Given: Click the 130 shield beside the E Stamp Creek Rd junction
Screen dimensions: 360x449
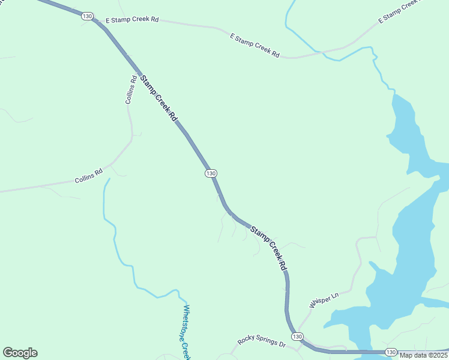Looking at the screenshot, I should (87, 17).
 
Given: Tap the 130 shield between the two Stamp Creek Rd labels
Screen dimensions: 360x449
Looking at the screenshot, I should (210, 173).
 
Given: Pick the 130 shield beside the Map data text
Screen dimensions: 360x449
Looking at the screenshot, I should (391, 352).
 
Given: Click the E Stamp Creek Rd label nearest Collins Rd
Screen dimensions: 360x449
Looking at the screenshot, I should (132, 20).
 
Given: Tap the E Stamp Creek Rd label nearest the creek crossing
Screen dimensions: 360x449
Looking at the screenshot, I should (255, 46).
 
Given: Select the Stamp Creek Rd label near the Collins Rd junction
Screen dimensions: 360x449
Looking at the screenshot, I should (159, 98).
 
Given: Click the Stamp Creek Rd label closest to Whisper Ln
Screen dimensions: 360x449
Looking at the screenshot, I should (268, 247).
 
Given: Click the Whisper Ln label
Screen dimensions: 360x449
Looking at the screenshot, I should (324, 300).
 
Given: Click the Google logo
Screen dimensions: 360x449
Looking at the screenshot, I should (20, 353).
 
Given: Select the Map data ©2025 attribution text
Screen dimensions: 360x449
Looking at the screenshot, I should (423, 355).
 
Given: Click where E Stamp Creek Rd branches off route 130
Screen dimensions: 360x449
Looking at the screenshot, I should (97, 21).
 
